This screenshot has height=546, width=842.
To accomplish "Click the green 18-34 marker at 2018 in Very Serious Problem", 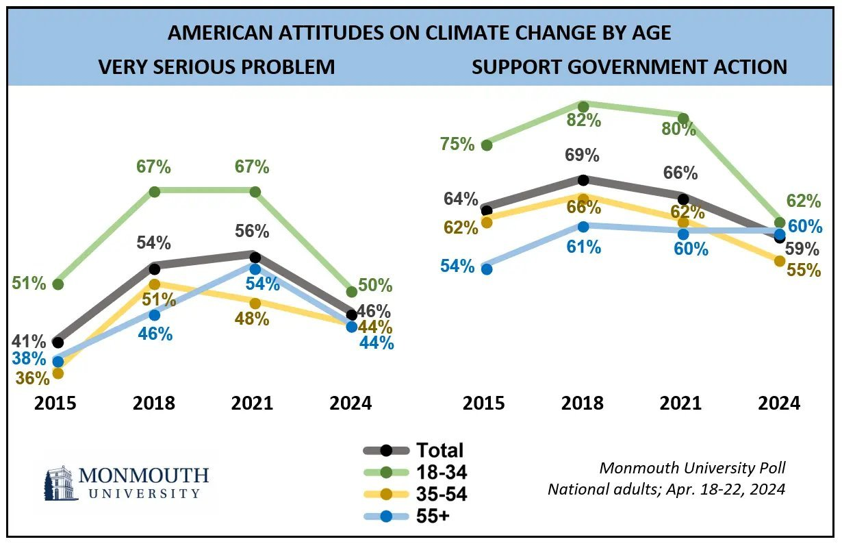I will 154,192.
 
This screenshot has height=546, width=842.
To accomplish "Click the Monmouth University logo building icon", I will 60,484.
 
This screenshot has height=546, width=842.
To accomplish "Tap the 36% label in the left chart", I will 33,378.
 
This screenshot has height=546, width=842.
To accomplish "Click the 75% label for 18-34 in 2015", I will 457,144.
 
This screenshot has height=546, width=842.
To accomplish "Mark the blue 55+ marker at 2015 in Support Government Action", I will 487,269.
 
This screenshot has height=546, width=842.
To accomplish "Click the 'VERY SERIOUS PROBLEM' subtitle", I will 217,66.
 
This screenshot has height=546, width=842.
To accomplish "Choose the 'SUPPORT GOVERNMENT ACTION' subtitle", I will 629,66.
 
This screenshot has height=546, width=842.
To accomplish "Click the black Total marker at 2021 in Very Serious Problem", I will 255,258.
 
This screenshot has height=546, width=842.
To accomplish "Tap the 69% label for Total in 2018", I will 583,155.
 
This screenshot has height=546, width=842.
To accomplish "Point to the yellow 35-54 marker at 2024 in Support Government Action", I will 779,261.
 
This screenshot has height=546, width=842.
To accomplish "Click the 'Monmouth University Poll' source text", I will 692,468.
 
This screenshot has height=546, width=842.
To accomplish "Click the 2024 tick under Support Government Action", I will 779,402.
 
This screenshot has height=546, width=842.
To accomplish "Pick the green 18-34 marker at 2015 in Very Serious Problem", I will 58,284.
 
